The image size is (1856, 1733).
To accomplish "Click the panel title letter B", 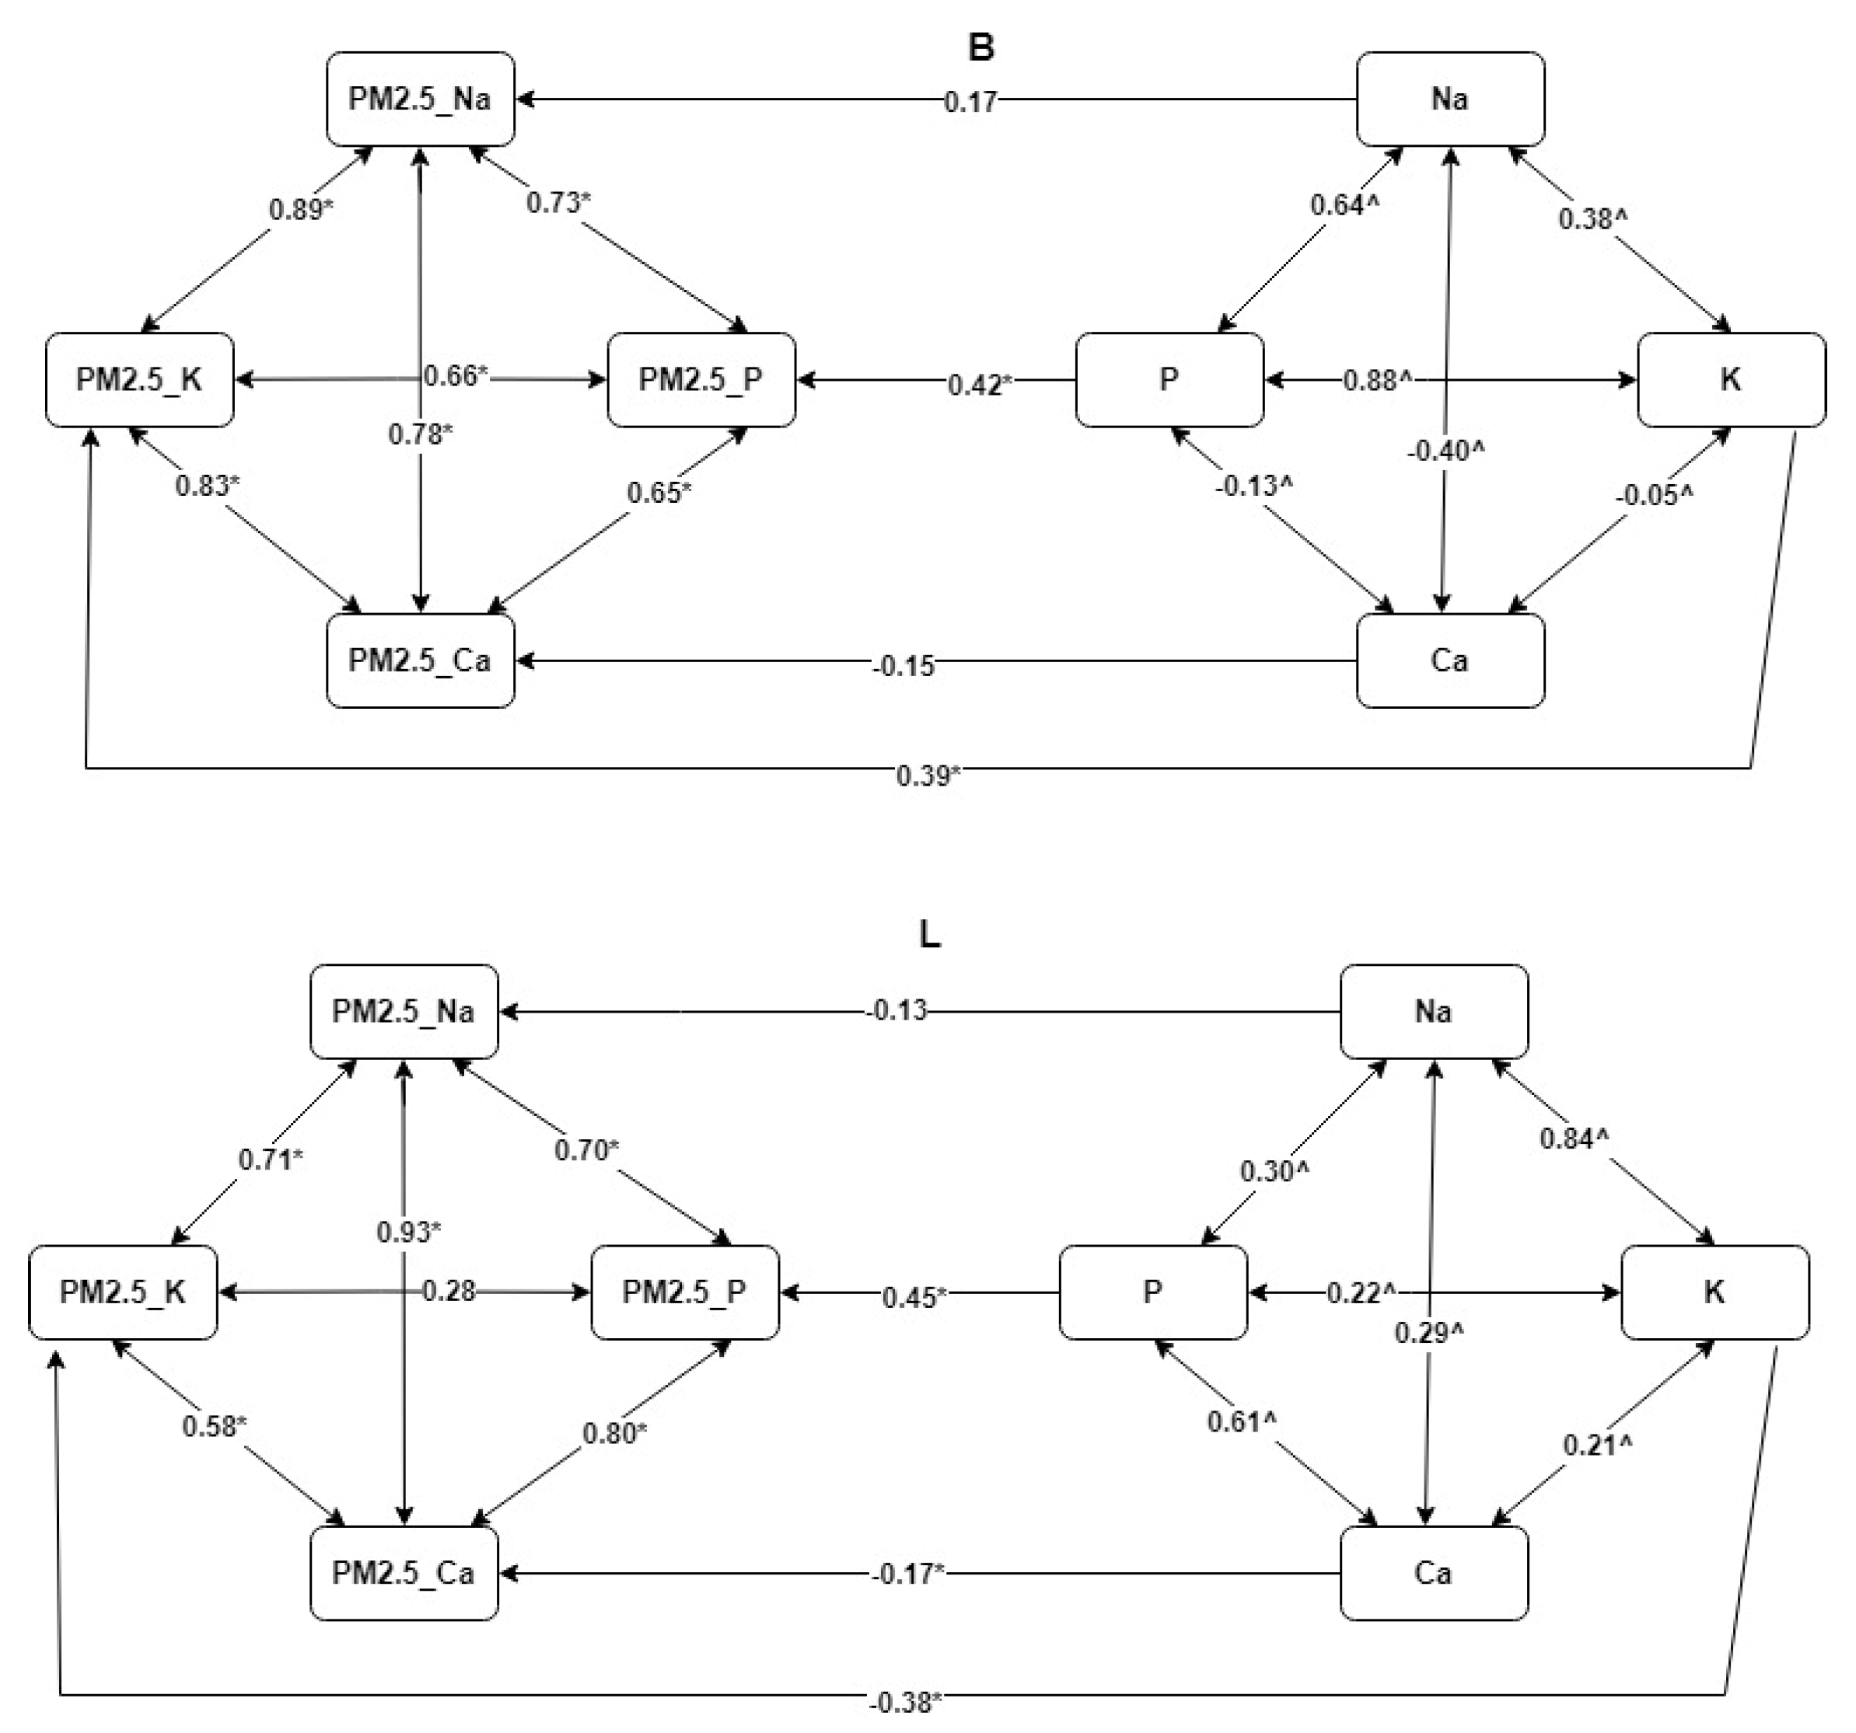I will click(x=981, y=47).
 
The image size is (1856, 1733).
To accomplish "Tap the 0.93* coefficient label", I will click(x=409, y=1232).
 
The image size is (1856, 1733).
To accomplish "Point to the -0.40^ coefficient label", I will click(x=1446, y=452).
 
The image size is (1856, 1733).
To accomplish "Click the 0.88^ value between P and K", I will click(x=1377, y=381).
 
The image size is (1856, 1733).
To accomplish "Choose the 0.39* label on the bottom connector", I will click(x=929, y=776).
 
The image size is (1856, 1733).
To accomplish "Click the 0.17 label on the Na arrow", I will click(x=971, y=102).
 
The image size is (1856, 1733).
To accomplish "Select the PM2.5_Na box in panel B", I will click(x=420, y=99).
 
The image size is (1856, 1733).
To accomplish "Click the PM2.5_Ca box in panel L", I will click(x=404, y=1574).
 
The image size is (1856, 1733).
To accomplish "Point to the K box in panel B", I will click(x=1731, y=380).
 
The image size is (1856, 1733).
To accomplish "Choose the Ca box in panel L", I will click(x=1434, y=1574).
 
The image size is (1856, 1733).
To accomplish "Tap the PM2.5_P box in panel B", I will click(x=701, y=380).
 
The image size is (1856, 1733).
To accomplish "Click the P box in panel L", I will click(x=1153, y=1292).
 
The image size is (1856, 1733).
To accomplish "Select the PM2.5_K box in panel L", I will click(x=123, y=1292).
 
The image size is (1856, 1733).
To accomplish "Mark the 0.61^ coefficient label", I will click(x=1242, y=1422).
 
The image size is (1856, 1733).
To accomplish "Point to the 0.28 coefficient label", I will click(x=449, y=1292).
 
